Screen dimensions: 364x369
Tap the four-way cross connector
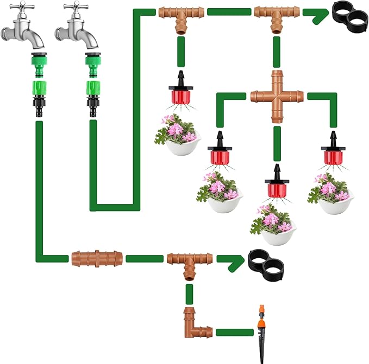click(277, 97)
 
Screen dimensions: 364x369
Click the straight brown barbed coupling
click(97, 258)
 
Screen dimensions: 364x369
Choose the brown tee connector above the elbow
click(189, 261)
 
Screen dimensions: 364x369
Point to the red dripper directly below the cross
click(276, 186)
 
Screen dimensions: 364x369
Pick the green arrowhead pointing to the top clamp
click(315, 15)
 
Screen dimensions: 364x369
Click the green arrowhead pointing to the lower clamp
click(231, 261)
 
